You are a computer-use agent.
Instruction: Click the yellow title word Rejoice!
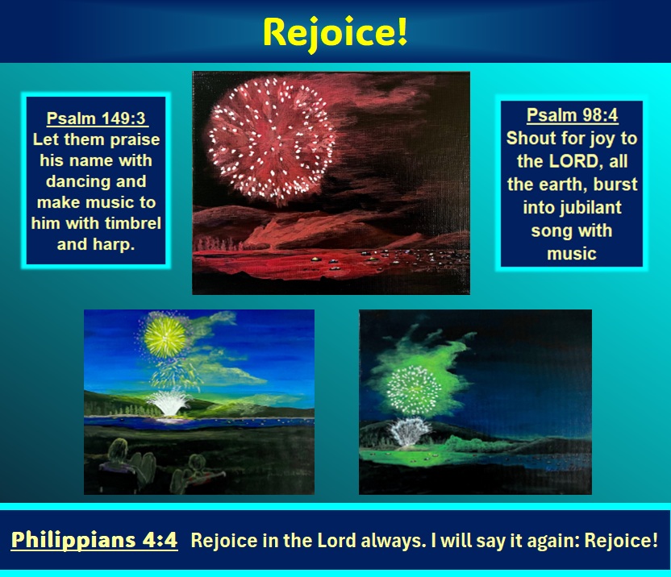tap(335, 33)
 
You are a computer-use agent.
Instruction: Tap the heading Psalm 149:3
tap(96, 118)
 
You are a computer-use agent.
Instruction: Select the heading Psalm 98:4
tap(572, 115)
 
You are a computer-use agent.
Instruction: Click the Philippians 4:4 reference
tap(94, 539)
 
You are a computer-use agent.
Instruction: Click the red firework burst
tap(272, 141)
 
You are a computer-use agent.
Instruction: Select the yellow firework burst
tap(165, 337)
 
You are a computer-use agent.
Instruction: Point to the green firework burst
tap(414, 390)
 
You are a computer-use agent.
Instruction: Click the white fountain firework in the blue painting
tap(169, 402)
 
